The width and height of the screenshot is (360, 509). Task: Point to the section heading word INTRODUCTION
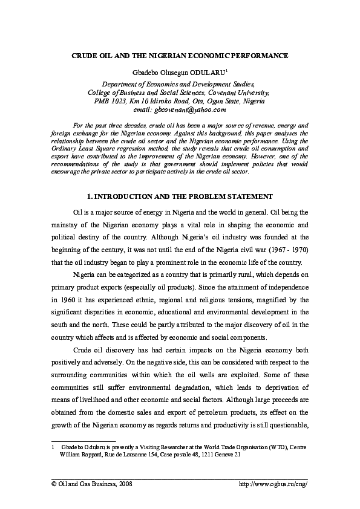coord(125,197)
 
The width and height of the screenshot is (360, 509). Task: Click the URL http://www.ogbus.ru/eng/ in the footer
coord(273,484)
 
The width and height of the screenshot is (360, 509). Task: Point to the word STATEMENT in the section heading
coord(249,197)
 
